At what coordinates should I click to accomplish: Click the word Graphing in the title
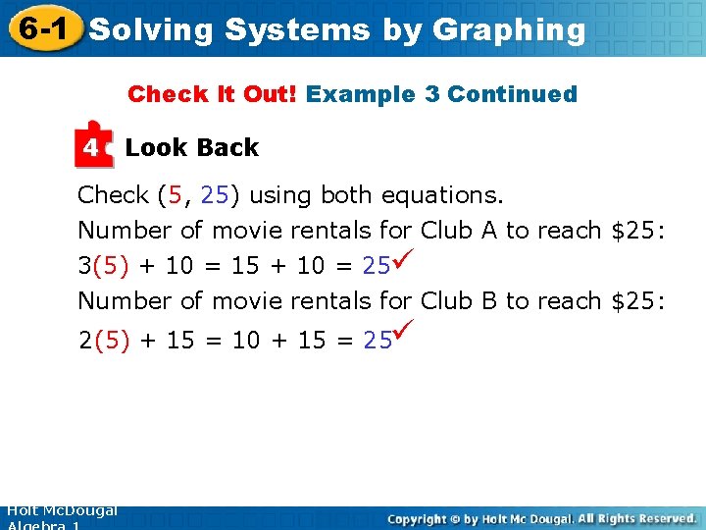509,30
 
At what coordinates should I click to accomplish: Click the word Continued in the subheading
512,94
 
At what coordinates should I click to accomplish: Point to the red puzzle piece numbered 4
93,145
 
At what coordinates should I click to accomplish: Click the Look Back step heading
192,148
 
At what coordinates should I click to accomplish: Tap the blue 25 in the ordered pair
215,195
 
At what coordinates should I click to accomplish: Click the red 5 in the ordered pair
176,195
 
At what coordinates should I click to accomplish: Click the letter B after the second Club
489,300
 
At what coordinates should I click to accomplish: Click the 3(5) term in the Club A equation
103,266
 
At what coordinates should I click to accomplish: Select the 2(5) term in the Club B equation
103,341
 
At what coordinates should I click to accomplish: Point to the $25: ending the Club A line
638,231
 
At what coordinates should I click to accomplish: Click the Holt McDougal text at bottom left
61,511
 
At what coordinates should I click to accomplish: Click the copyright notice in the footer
541,517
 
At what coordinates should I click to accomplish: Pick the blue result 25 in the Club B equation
378,341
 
